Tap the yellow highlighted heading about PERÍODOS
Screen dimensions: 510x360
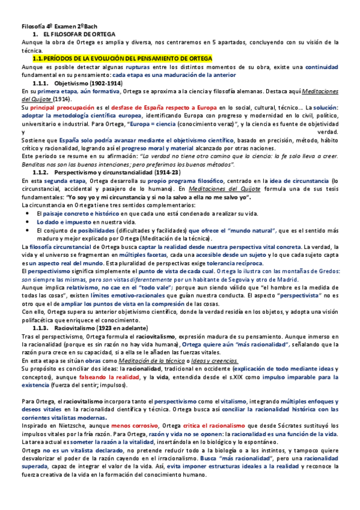(121, 58)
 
